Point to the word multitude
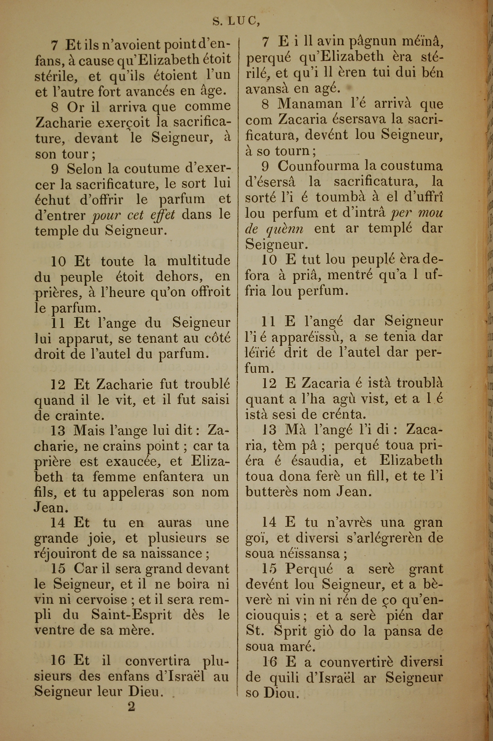click(x=198, y=261)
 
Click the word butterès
click(x=271, y=492)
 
